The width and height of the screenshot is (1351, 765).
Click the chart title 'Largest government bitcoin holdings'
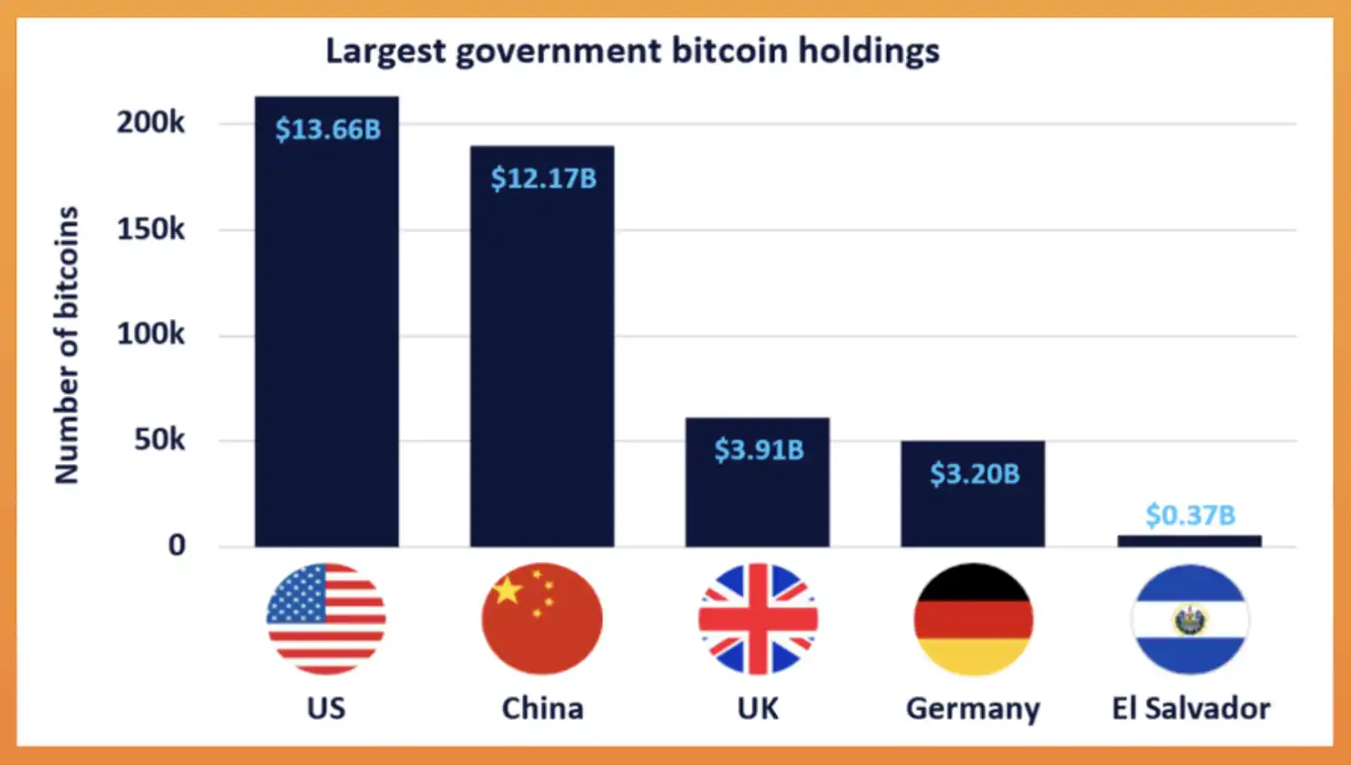pyautogui.click(x=632, y=51)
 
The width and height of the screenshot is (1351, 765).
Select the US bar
pyautogui.click(x=326, y=344)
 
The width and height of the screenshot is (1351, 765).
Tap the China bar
pyautogui.click(x=541, y=363)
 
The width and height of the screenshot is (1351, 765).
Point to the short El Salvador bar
pyautogui.click(x=1189, y=541)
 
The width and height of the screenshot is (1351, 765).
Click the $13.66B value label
pyautogui.click(x=328, y=130)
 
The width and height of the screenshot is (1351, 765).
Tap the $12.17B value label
pyautogui.click(x=543, y=179)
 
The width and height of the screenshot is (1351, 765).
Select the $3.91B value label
pyautogui.click(x=759, y=450)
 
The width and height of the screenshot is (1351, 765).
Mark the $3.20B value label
pyautogui.click(x=975, y=473)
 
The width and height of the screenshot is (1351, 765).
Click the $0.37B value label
pyautogui.click(x=1190, y=515)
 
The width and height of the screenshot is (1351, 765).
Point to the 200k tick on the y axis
pyautogui.click(x=151, y=122)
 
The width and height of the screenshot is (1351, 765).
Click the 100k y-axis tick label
pyautogui.click(x=151, y=334)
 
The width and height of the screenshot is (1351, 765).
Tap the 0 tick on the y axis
pyautogui.click(x=177, y=545)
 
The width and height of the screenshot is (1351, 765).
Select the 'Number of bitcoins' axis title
pyautogui.click(x=67, y=344)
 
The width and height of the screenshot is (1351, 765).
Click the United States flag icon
pyautogui.click(x=326, y=619)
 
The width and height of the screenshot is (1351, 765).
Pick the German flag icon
pyautogui.click(x=973, y=619)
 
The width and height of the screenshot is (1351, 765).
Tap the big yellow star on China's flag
pyautogui.click(x=508, y=591)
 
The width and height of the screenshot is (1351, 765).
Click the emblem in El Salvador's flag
pyautogui.click(x=1190, y=621)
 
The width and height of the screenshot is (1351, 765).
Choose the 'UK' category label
pyautogui.click(x=758, y=708)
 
